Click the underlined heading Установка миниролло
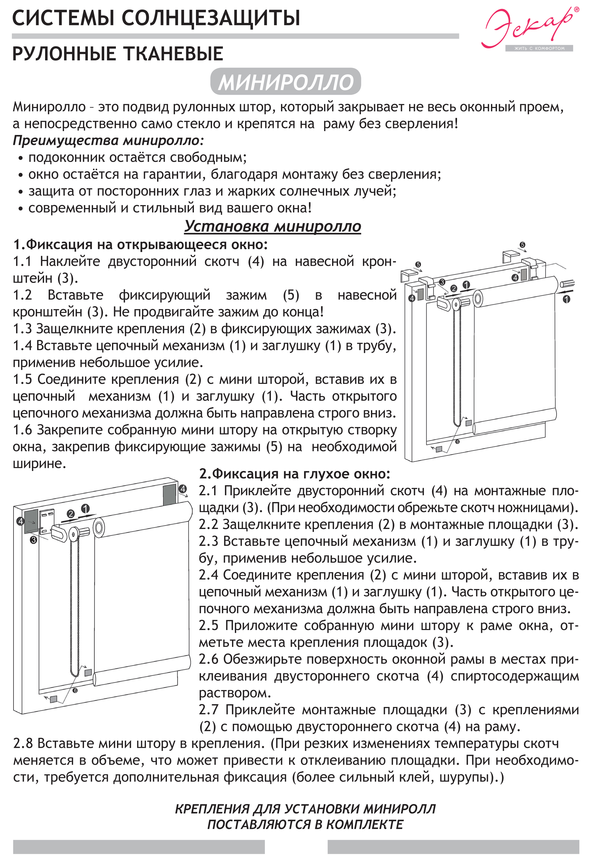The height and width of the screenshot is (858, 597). pyautogui.click(x=272, y=226)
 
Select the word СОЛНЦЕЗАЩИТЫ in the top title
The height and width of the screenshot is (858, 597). pyautogui.click(x=210, y=18)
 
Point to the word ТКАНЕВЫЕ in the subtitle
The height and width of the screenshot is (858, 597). pyautogui.click(x=173, y=54)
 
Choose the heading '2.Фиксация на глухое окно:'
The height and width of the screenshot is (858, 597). pyautogui.click(x=294, y=474)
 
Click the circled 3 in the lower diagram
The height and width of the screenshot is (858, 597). pyautogui.click(x=34, y=540)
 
